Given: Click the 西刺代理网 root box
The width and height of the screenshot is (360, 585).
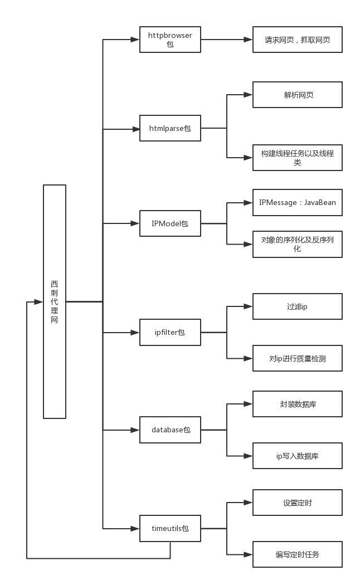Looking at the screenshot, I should click(x=55, y=301).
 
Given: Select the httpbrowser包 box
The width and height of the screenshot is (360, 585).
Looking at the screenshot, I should click(x=170, y=40).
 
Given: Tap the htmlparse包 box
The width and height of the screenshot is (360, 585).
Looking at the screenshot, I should click(x=170, y=129).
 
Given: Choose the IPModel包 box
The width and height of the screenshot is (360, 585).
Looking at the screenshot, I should click(x=170, y=223).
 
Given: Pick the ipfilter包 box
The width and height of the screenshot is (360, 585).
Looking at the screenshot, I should click(x=170, y=333).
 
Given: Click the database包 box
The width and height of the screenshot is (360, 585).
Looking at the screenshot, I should click(x=170, y=430).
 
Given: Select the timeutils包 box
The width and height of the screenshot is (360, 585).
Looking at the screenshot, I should click(x=170, y=528).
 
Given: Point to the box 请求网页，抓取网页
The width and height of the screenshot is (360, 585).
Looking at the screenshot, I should click(x=297, y=40).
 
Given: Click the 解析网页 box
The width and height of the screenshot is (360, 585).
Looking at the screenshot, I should click(x=297, y=95).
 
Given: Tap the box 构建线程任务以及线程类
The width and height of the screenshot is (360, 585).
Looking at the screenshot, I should click(x=297, y=158).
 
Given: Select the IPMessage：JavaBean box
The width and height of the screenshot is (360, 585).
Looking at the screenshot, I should click(x=297, y=203).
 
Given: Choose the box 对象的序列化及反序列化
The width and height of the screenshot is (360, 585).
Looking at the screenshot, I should click(x=297, y=245).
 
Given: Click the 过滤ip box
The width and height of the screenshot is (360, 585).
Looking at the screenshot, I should click(x=297, y=306).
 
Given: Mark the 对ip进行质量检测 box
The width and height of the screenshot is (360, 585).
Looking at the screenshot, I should click(x=297, y=358).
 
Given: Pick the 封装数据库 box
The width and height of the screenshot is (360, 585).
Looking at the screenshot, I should click(x=297, y=404).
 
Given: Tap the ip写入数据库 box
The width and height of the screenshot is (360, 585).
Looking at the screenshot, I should click(x=297, y=456).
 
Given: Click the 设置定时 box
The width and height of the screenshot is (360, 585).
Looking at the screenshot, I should click(x=297, y=503).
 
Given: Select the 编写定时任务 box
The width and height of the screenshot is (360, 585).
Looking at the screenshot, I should click(x=297, y=554).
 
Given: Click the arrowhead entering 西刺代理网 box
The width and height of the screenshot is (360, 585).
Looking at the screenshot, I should click(x=38, y=302).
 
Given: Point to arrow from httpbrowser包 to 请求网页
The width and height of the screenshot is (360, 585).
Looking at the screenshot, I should click(x=226, y=40).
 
